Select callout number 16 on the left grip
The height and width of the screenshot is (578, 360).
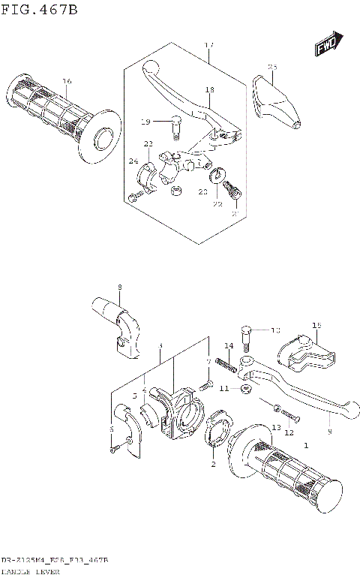tap(67, 81)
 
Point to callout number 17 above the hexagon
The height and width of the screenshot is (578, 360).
tap(209, 46)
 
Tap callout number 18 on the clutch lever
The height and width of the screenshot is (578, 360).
tap(209, 90)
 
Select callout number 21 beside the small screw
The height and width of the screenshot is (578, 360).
tap(235, 213)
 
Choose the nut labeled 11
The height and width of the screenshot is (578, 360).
tap(244, 389)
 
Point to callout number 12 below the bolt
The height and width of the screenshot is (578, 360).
tap(289, 432)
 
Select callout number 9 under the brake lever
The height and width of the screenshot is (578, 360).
tap(329, 432)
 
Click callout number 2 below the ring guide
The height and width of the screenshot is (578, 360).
tap(214, 465)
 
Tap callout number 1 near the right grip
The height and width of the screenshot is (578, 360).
tap(305, 446)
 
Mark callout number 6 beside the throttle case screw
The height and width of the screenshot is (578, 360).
tap(112, 429)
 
